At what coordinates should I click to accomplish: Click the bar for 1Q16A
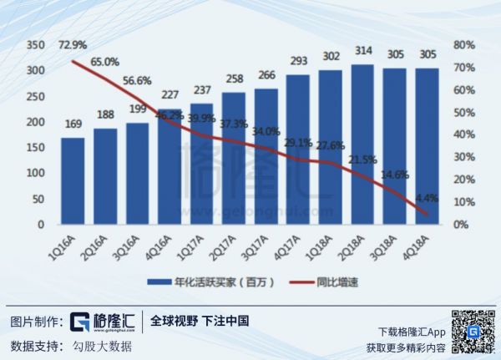[x=73, y=181]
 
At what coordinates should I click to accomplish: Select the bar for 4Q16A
[x=171, y=166]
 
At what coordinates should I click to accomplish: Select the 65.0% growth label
[x=106, y=61]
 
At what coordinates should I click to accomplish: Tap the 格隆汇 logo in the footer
[x=103, y=322]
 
